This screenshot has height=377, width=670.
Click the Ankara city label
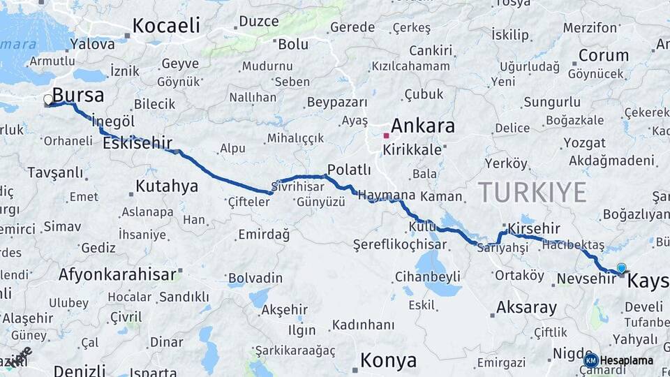pyautogui.click(x=423, y=126)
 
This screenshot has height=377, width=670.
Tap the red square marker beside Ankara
pyautogui.click(x=386, y=135)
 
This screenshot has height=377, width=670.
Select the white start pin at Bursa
pyautogui.click(x=48, y=100)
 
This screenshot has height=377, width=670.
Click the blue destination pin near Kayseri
pyautogui.click(x=621, y=267)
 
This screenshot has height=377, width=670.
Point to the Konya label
pyautogui.click(x=388, y=361)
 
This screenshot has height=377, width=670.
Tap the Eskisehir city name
pyautogui.click(x=137, y=143)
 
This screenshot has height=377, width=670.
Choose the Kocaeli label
pyautogui.click(x=166, y=26)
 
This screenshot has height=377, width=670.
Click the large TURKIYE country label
pyautogui.click(x=532, y=191)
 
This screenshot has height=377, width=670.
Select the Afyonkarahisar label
pyautogui.click(x=117, y=274)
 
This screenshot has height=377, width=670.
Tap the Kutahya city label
pyautogui.click(x=166, y=186)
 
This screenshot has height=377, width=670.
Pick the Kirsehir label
pyautogui.click(x=535, y=228)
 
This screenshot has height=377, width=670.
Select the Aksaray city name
pyautogui.click(x=526, y=307)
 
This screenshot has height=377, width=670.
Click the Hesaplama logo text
pyautogui.click(x=627, y=361)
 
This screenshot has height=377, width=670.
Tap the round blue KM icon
pyautogui.click(x=590, y=360)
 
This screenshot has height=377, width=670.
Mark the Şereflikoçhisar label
pyautogui.click(x=400, y=244)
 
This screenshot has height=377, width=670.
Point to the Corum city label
pyautogui.click(x=604, y=55)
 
